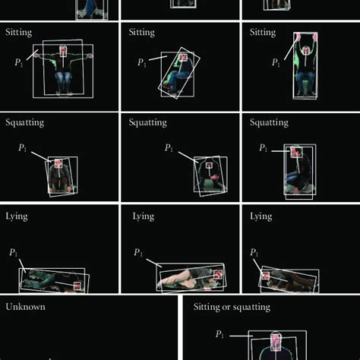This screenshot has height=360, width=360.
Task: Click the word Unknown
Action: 25,307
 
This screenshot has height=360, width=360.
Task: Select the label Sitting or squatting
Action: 232,307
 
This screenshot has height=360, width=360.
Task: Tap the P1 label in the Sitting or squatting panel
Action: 219,334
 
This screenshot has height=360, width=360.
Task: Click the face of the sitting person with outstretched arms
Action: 63,51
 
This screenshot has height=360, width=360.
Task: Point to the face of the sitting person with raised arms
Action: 306,51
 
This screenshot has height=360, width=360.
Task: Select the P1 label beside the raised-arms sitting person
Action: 276,62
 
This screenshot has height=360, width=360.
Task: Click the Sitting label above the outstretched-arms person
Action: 19,33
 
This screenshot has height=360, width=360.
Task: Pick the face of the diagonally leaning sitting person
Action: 183,58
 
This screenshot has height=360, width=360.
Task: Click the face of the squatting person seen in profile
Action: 296,152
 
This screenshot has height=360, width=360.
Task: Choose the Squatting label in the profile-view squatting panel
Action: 269,122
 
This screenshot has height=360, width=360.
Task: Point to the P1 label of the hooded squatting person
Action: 169,147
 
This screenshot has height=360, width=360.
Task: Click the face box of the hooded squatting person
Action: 209,166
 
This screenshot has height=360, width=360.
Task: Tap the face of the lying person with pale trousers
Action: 218,275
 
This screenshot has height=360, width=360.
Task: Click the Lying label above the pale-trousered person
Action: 144,216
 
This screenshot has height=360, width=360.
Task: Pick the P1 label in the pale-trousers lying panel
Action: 138,252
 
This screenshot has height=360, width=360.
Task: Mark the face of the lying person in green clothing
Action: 77,286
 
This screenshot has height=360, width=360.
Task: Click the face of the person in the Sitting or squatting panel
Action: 276,342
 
